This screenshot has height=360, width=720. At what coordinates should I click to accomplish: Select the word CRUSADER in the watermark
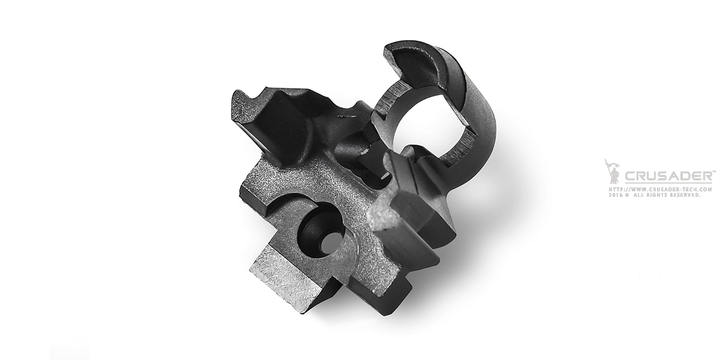click(668, 176)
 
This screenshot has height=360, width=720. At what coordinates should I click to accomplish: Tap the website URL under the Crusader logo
click(661, 190)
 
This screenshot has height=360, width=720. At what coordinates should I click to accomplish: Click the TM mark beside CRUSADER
click(713, 172)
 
